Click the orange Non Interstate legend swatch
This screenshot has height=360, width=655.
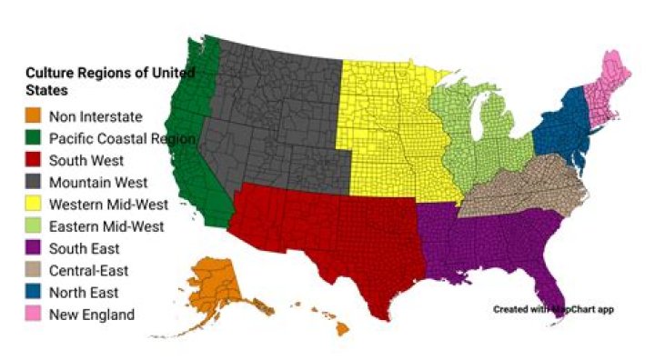click(x=34, y=116)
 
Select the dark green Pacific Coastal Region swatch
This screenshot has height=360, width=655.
click(x=34, y=138)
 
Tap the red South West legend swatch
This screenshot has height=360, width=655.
click(x=34, y=160)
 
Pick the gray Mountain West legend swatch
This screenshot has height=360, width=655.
click(x=34, y=182)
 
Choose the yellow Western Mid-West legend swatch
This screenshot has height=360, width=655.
click(x=34, y=205)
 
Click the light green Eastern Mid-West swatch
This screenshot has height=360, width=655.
click(x=34, y=226)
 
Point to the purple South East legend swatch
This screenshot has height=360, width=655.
click(x=34, y=248)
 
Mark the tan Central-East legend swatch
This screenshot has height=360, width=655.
click(x=34, y=270)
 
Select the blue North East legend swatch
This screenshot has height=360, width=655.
click(x=34, y=293)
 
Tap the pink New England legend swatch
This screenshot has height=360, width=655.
click(x=34, y=315)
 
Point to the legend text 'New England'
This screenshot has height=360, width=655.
click(x=92, y=315)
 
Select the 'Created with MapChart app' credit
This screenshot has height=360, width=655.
click(x=553, y=309)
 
